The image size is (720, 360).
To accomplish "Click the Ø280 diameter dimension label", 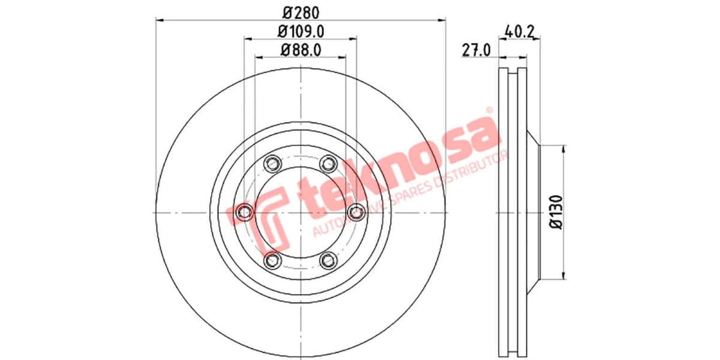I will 301,12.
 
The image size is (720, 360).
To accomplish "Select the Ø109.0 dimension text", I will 301,31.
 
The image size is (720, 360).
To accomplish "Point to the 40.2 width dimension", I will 520,31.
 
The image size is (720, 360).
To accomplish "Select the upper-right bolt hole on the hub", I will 328,163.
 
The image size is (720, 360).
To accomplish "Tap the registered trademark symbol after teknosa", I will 488,110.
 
